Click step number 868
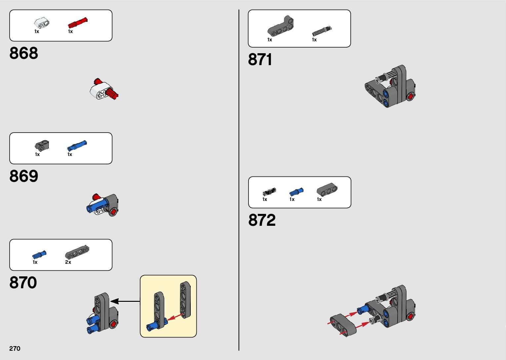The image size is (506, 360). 24,53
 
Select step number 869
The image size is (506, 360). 24,176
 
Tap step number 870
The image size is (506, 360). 23,283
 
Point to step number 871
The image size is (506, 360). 260,60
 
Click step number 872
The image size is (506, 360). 262,220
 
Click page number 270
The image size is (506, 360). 15,348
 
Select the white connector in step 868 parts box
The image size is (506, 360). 42,23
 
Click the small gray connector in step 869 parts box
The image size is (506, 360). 42,145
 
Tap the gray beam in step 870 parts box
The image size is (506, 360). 77,252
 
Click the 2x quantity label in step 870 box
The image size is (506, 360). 68,262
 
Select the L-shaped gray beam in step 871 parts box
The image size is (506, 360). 281,26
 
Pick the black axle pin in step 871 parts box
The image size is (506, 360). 322,31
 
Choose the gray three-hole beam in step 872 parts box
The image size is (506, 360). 327,189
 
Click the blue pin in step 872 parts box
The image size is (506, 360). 296,192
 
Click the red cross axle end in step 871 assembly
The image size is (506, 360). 410,96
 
